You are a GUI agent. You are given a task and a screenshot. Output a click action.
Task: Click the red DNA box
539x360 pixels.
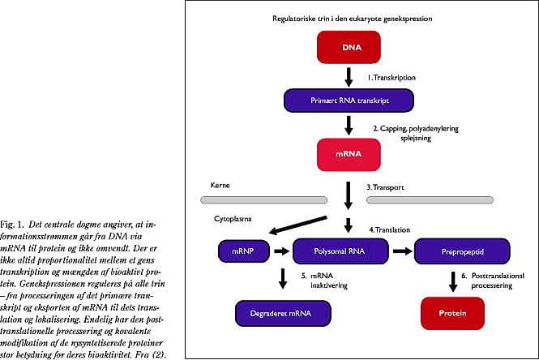click(349, 47)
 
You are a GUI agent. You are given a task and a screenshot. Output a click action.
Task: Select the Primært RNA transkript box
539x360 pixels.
click(349, 101)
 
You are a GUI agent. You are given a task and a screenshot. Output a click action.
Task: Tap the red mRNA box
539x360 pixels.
click(349, 154)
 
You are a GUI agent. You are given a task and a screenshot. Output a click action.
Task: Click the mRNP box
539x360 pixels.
click(244, 251)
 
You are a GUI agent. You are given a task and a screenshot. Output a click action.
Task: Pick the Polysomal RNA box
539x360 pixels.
click(340, 251)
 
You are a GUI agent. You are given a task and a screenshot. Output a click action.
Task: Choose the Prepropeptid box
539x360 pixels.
click(462, 251)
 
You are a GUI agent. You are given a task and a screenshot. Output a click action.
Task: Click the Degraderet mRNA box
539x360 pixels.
click(283, 313)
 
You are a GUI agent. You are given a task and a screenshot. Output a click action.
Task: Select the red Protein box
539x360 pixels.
click(452, 313)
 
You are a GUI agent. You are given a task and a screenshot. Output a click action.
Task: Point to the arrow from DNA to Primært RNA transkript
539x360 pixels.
click(349, 77)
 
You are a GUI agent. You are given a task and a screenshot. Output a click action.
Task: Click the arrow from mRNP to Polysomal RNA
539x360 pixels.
click(281, 251)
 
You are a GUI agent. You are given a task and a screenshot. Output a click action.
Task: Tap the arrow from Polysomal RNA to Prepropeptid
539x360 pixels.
click(402, 251)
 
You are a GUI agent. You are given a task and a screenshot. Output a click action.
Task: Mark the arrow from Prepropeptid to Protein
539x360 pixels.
click(453, 281)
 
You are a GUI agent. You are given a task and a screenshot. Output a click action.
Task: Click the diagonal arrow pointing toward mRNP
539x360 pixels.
click(297, 225)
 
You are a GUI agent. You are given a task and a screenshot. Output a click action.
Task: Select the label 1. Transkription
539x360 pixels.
click(391, 78)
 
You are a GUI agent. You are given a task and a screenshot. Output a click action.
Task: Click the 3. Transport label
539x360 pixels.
click(385, 187)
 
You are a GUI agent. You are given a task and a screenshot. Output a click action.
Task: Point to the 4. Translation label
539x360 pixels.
click(390, 229)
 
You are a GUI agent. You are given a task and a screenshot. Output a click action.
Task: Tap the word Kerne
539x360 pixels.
click(220, 185)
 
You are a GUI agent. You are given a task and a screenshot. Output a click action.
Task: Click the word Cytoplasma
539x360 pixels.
click(233, 219)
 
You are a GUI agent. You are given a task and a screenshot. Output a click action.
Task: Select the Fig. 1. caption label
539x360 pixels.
click(12, 225)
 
